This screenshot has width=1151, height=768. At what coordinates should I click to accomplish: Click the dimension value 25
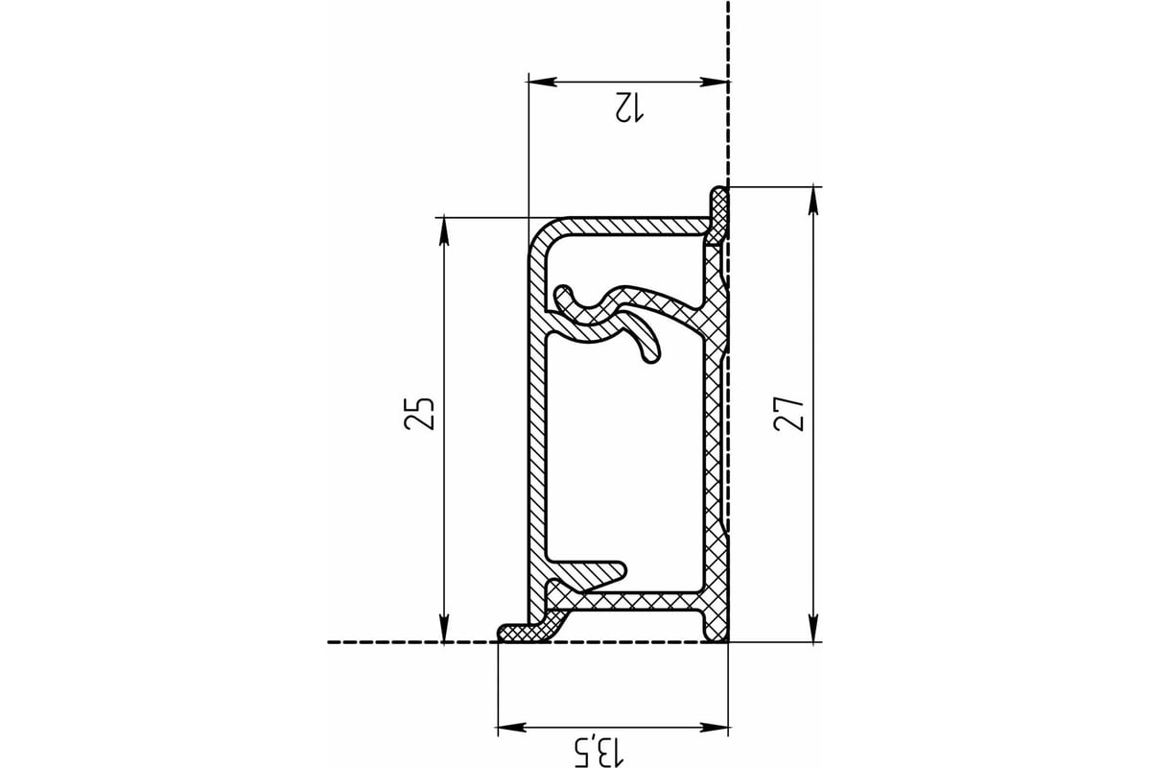click(420, 414)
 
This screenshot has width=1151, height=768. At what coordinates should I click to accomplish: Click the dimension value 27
click(788, 415)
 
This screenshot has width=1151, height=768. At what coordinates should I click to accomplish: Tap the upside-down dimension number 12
click(629, 108)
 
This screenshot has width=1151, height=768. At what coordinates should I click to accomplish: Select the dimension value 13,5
click(599, 753)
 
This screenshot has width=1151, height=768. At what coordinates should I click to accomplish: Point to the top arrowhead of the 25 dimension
click(444, 232)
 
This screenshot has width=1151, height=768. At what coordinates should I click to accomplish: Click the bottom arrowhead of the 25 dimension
click(444, 628)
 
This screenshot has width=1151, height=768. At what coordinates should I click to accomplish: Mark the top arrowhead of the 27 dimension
click(813, 202)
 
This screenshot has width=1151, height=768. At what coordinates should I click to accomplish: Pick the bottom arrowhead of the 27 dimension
click(813, 628)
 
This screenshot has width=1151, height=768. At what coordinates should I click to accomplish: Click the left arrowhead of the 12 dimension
click(543, 82)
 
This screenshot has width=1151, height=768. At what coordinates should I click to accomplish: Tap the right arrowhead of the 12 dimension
click(715, 82)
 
